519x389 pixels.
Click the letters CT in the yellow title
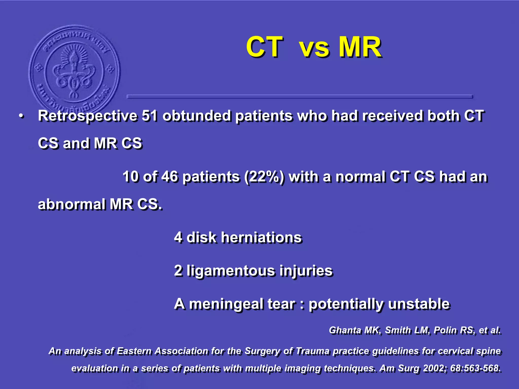tap(264, 47)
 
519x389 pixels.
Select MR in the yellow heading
tap(360, 47)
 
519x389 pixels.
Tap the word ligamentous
tap(231, 271)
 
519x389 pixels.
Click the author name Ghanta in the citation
tap(345, 330)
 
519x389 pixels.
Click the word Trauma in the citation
tap(313, 351)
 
